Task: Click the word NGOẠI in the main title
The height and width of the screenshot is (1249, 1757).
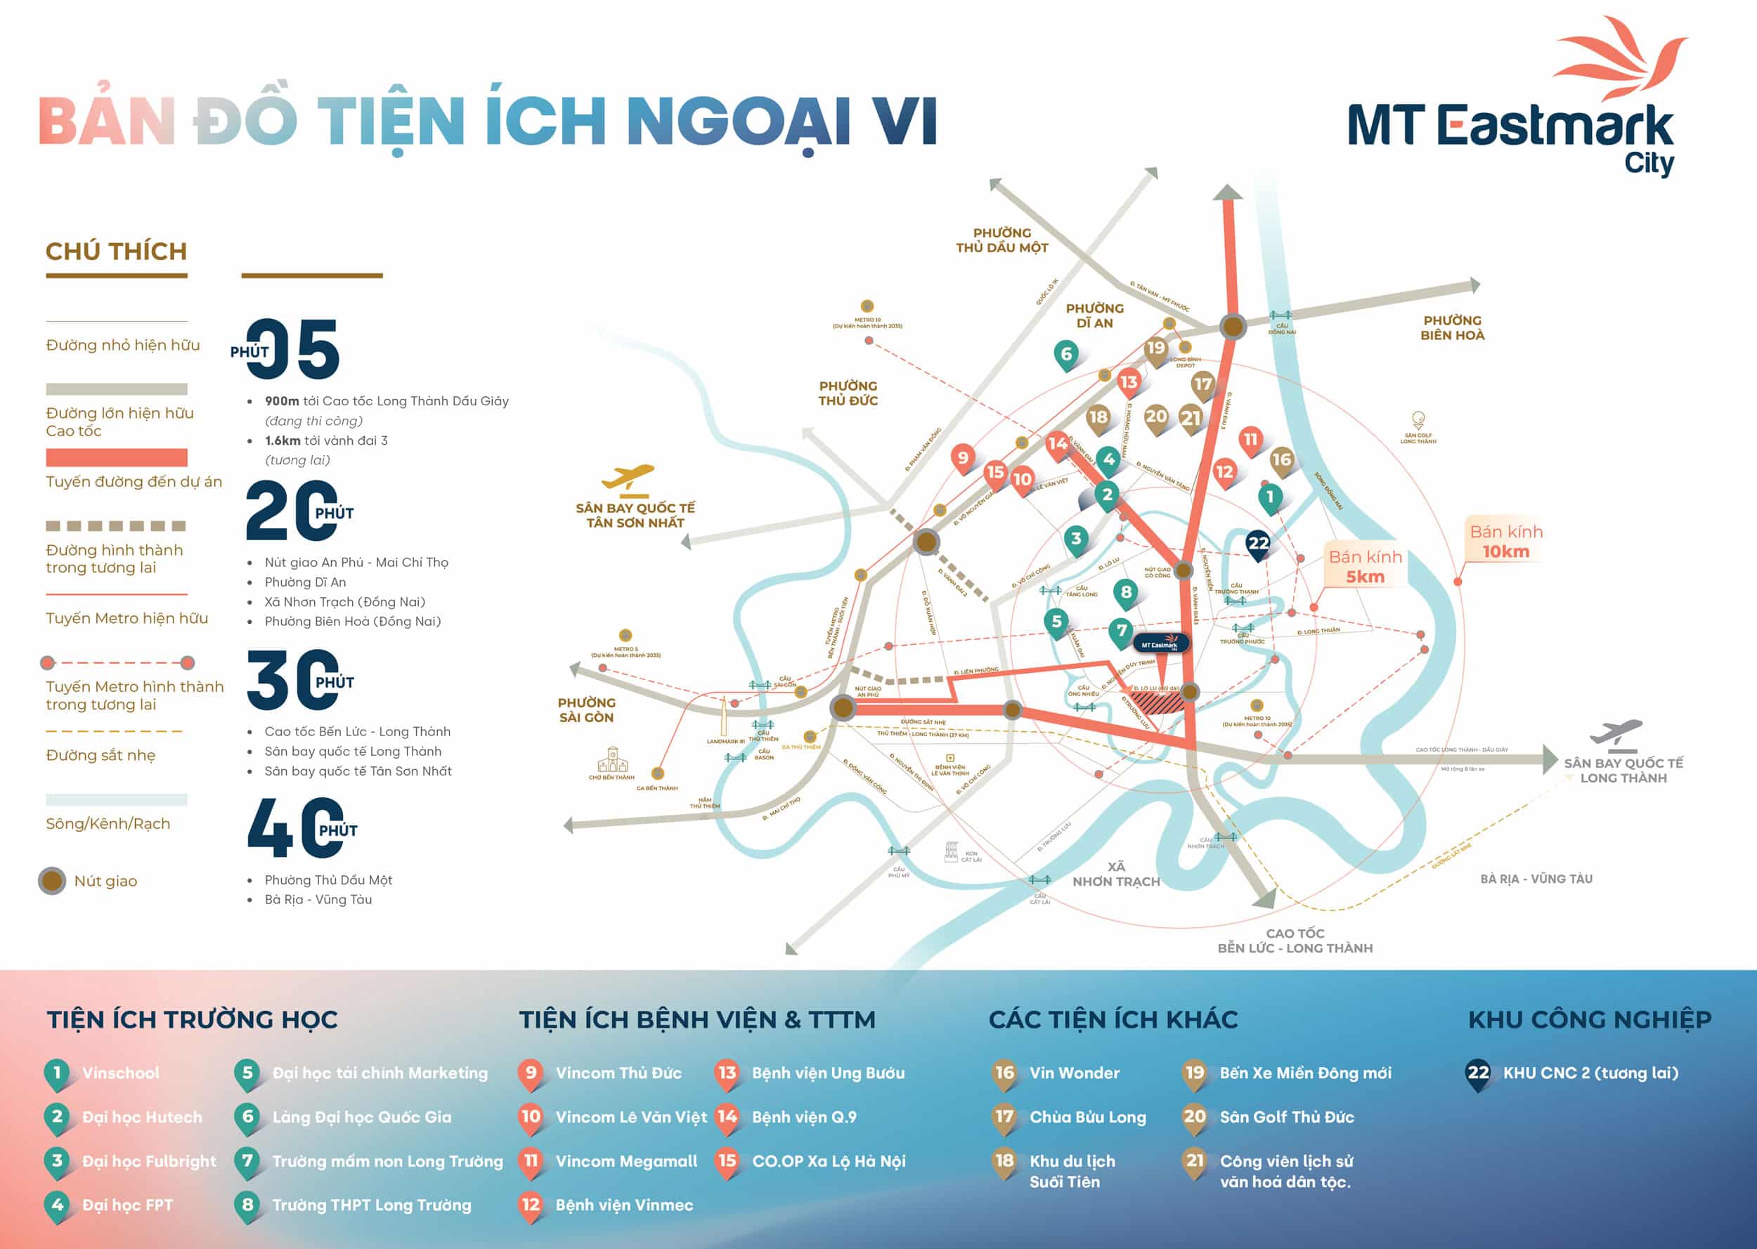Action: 738,122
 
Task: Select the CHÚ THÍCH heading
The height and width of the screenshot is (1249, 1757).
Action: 116,251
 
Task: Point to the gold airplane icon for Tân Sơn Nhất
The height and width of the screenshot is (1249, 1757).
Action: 628,478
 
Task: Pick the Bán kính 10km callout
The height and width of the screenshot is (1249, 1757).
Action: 1505,542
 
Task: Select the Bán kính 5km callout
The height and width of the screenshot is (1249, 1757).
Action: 1365,567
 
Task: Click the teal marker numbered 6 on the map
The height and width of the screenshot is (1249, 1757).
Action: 1065,355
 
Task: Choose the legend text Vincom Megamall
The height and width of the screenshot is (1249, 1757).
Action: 626,1161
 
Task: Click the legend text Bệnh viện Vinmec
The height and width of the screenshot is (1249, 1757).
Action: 624,1205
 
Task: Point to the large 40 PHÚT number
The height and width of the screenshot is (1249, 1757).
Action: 300,828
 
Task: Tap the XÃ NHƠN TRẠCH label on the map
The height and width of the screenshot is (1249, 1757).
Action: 1115,875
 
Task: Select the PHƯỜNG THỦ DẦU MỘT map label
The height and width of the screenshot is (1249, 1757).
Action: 1001,240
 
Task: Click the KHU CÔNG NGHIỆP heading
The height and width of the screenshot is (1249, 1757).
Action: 1589,1020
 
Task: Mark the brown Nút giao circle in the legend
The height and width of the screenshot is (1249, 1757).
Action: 52,881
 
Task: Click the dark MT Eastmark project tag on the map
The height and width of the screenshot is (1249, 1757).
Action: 1161,643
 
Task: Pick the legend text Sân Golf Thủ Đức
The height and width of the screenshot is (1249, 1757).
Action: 1286,1117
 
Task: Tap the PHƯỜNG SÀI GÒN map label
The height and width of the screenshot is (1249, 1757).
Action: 586,710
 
